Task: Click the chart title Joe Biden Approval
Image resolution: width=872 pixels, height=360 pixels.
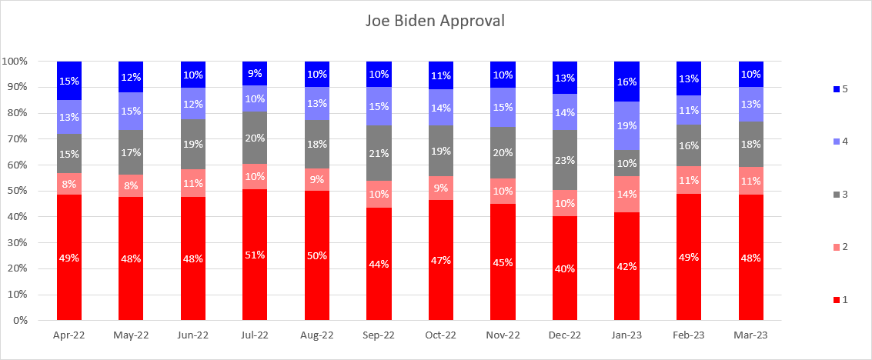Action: (435, 21)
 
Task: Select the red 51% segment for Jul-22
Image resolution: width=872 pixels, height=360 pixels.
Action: (255, 254)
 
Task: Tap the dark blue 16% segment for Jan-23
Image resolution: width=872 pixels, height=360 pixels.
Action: (626, 81)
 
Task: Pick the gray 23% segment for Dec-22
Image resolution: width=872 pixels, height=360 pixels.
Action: (565, 160)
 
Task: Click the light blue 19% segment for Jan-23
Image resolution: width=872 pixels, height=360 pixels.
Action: (626, 125)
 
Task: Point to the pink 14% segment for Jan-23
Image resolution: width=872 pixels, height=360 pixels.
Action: (626, 194)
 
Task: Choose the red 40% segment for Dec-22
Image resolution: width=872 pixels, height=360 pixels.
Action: (565, 268)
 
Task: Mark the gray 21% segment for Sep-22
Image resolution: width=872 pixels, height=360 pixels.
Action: (379, 153)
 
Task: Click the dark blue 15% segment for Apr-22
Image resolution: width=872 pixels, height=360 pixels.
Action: (69, 81)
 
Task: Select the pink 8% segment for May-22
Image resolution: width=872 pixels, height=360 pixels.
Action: (131, 185)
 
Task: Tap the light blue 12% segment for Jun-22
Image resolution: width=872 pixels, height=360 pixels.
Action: (193, 104)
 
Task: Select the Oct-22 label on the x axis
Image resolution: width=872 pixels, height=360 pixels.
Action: (441, 335)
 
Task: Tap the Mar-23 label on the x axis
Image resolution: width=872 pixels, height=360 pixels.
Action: (750, 335)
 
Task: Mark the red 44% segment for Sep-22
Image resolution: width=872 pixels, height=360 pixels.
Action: (379, 263)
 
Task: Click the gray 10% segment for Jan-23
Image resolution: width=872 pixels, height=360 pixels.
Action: (626, 163)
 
